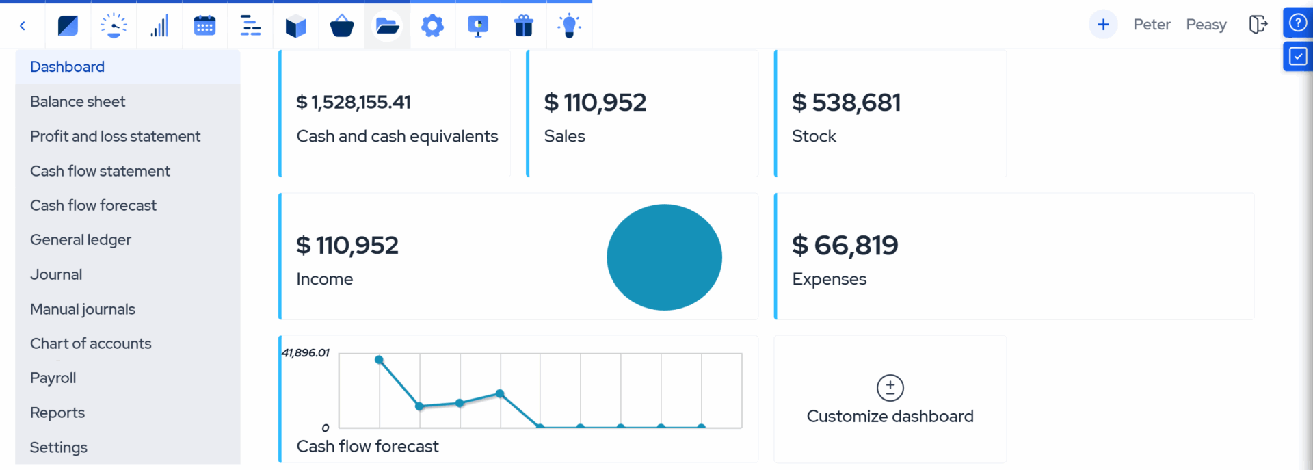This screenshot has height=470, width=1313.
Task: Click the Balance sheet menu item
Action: [77, 101]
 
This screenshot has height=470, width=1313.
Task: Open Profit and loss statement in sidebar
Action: [115, 136]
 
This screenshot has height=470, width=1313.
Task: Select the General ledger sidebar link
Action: [80, 239]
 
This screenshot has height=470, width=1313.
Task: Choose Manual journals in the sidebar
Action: [82, 309]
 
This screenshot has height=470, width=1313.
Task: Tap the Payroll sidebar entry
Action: [53, 378]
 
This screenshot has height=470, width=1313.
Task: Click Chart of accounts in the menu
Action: [90, 343]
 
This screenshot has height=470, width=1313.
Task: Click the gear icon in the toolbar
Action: [432, 26]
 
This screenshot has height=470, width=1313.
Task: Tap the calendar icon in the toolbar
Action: [204, 26]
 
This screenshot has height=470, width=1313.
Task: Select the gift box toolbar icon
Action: [523, 26]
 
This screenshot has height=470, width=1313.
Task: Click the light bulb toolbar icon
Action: [569, 26]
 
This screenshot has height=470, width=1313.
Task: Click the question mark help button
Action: [1297, 23]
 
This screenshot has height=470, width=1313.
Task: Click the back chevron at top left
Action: [23, 26]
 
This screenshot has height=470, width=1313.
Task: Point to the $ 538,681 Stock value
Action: [846, 103]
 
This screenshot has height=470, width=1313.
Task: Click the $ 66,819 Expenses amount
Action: [845, 245]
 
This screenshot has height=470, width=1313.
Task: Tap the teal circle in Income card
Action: [664, 257]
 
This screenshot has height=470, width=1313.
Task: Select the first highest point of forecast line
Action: [379, 360]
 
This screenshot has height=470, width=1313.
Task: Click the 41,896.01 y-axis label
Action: [305, 353]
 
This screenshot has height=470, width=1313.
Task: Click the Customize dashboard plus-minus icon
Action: [890, 388]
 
